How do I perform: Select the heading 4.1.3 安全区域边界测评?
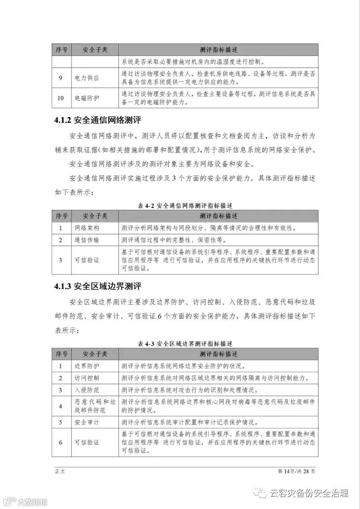98,286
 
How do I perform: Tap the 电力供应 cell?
87,78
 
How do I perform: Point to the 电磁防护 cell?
87,98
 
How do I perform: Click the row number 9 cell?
61,78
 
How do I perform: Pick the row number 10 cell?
61,98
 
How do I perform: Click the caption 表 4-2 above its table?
185,206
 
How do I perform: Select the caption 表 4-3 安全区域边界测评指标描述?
185,344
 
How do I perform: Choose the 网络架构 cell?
87,228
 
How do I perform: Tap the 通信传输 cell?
87,240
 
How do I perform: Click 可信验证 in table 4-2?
87,260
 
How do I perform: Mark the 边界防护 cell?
87,366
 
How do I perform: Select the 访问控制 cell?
87,378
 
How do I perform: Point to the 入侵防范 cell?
87,390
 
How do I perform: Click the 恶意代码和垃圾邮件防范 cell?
95,406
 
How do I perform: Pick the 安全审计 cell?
87,422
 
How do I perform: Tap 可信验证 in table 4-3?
87,442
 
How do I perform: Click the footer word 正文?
60,471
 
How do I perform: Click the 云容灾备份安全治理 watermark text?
309,493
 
